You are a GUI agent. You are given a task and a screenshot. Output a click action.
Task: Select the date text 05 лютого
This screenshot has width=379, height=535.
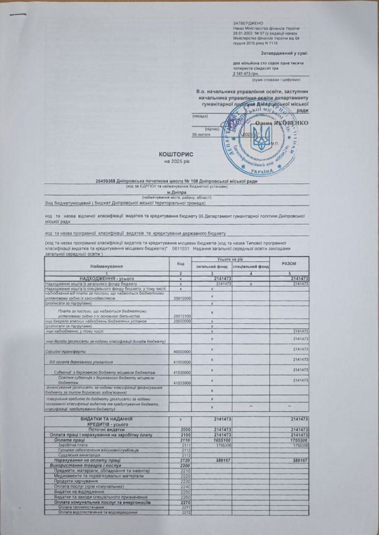click(x=202, y=134)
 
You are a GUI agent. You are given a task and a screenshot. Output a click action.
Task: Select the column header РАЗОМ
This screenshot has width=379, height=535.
click(x=289, y=263)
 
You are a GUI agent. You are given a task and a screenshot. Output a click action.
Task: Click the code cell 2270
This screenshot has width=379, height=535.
click(x=184, y=502)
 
